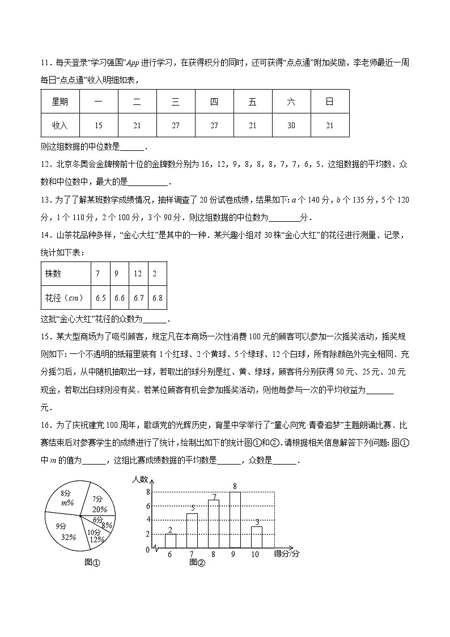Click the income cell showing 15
tap(99, 125)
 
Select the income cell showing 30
tap(291, 125)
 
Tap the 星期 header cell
tap(60, 102)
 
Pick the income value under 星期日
tap(329, 125)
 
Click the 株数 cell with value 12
tap(138, 273)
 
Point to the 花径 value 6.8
tap(158, 297)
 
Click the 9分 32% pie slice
tap(67, 531)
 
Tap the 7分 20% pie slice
tap(99, 503)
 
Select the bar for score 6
tap(170, 541)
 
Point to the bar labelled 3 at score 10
tap(256, 537)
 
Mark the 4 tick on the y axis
tap(148, 520)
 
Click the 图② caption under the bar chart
tap(197, 562)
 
